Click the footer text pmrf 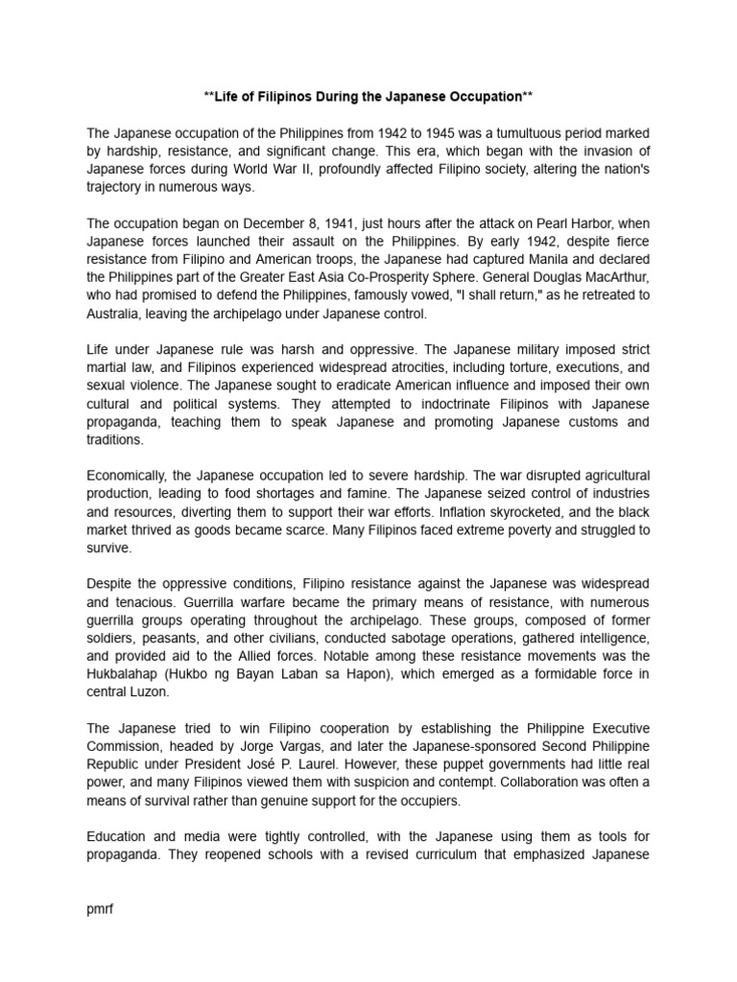point(100,908)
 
